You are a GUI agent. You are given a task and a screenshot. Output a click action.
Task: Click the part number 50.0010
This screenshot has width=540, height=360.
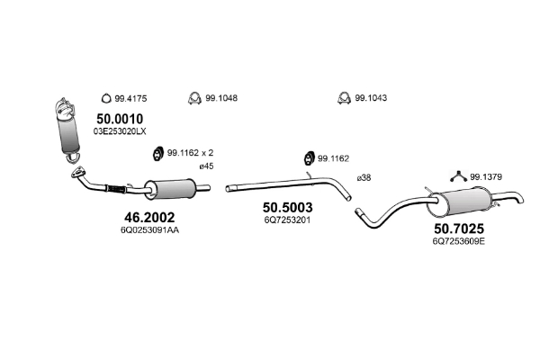coord(120,118)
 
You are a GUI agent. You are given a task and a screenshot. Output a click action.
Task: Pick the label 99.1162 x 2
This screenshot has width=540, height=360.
coord(190,152)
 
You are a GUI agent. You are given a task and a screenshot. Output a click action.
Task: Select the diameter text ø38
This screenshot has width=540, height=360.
coord(364,177)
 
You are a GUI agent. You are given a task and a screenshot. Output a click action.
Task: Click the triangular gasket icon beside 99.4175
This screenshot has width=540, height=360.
coord(104,98)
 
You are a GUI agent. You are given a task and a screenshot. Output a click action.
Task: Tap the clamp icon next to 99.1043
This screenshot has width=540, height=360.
coord(343,98)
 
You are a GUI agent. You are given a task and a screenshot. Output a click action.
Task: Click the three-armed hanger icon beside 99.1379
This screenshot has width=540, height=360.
coord(459,176)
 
